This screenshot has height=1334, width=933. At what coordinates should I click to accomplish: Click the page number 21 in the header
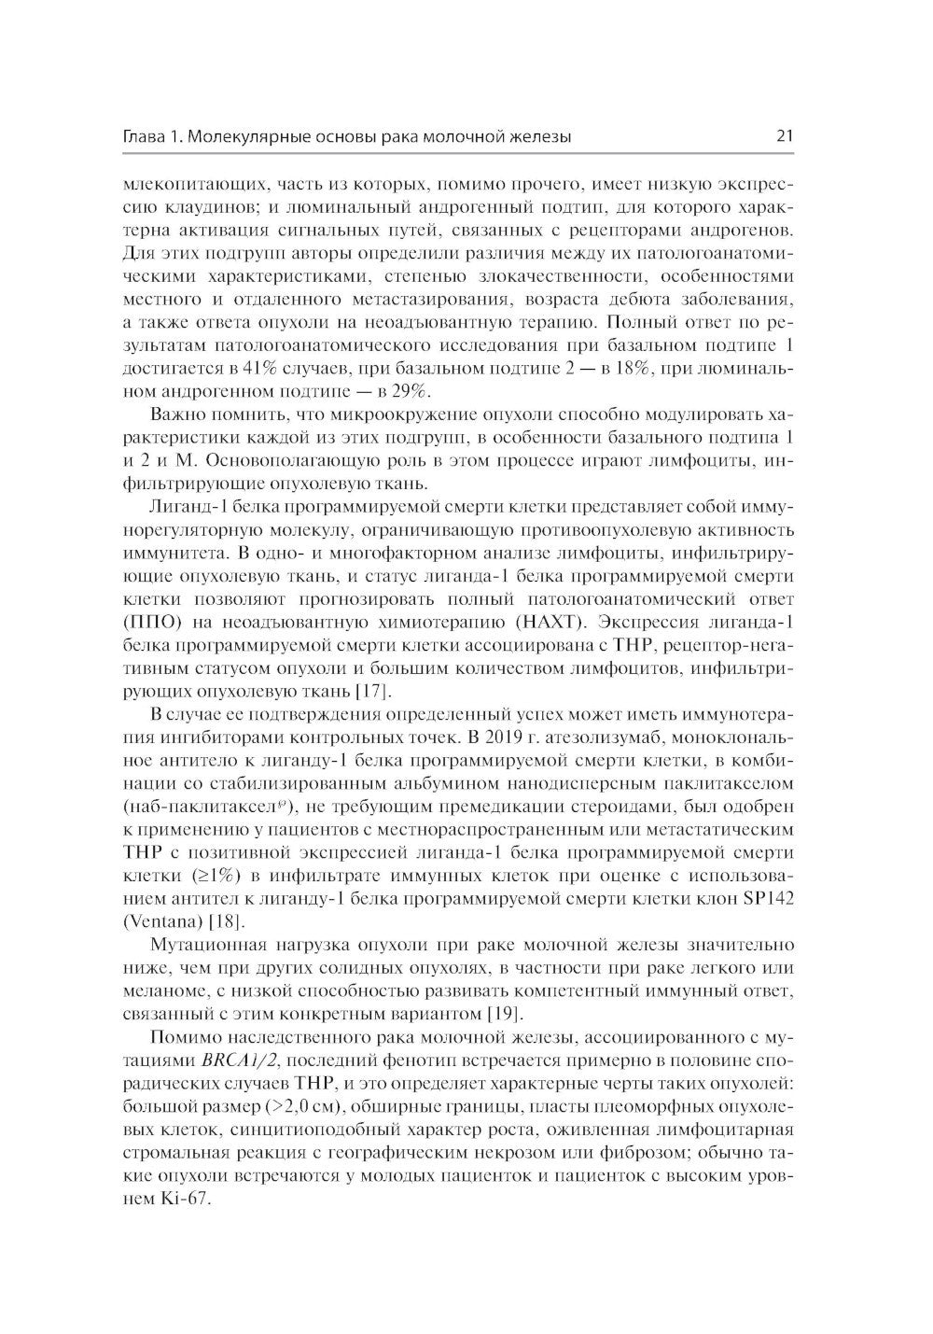click(x=784, y=136)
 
